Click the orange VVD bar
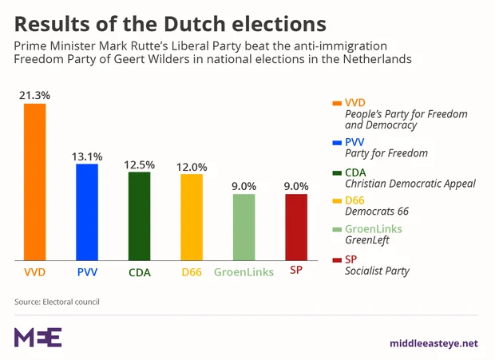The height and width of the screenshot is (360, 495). [34, 181]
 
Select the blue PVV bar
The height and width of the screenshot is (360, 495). [87, 212]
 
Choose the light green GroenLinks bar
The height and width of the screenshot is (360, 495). [244, 227]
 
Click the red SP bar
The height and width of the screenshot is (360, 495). [296, 227]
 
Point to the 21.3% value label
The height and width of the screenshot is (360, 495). [34, 95]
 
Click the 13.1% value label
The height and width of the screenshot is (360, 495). [87, 156]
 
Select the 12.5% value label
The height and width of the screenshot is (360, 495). [139, 164]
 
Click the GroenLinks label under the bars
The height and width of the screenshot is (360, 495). [244, 272]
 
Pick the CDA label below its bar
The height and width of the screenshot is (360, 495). [139, 272]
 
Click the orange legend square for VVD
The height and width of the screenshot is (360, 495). [335, 103]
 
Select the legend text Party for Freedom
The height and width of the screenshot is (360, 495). [386, 152]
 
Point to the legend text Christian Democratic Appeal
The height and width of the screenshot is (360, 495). [410, 183]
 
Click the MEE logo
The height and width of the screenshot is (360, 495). [38, 337]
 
